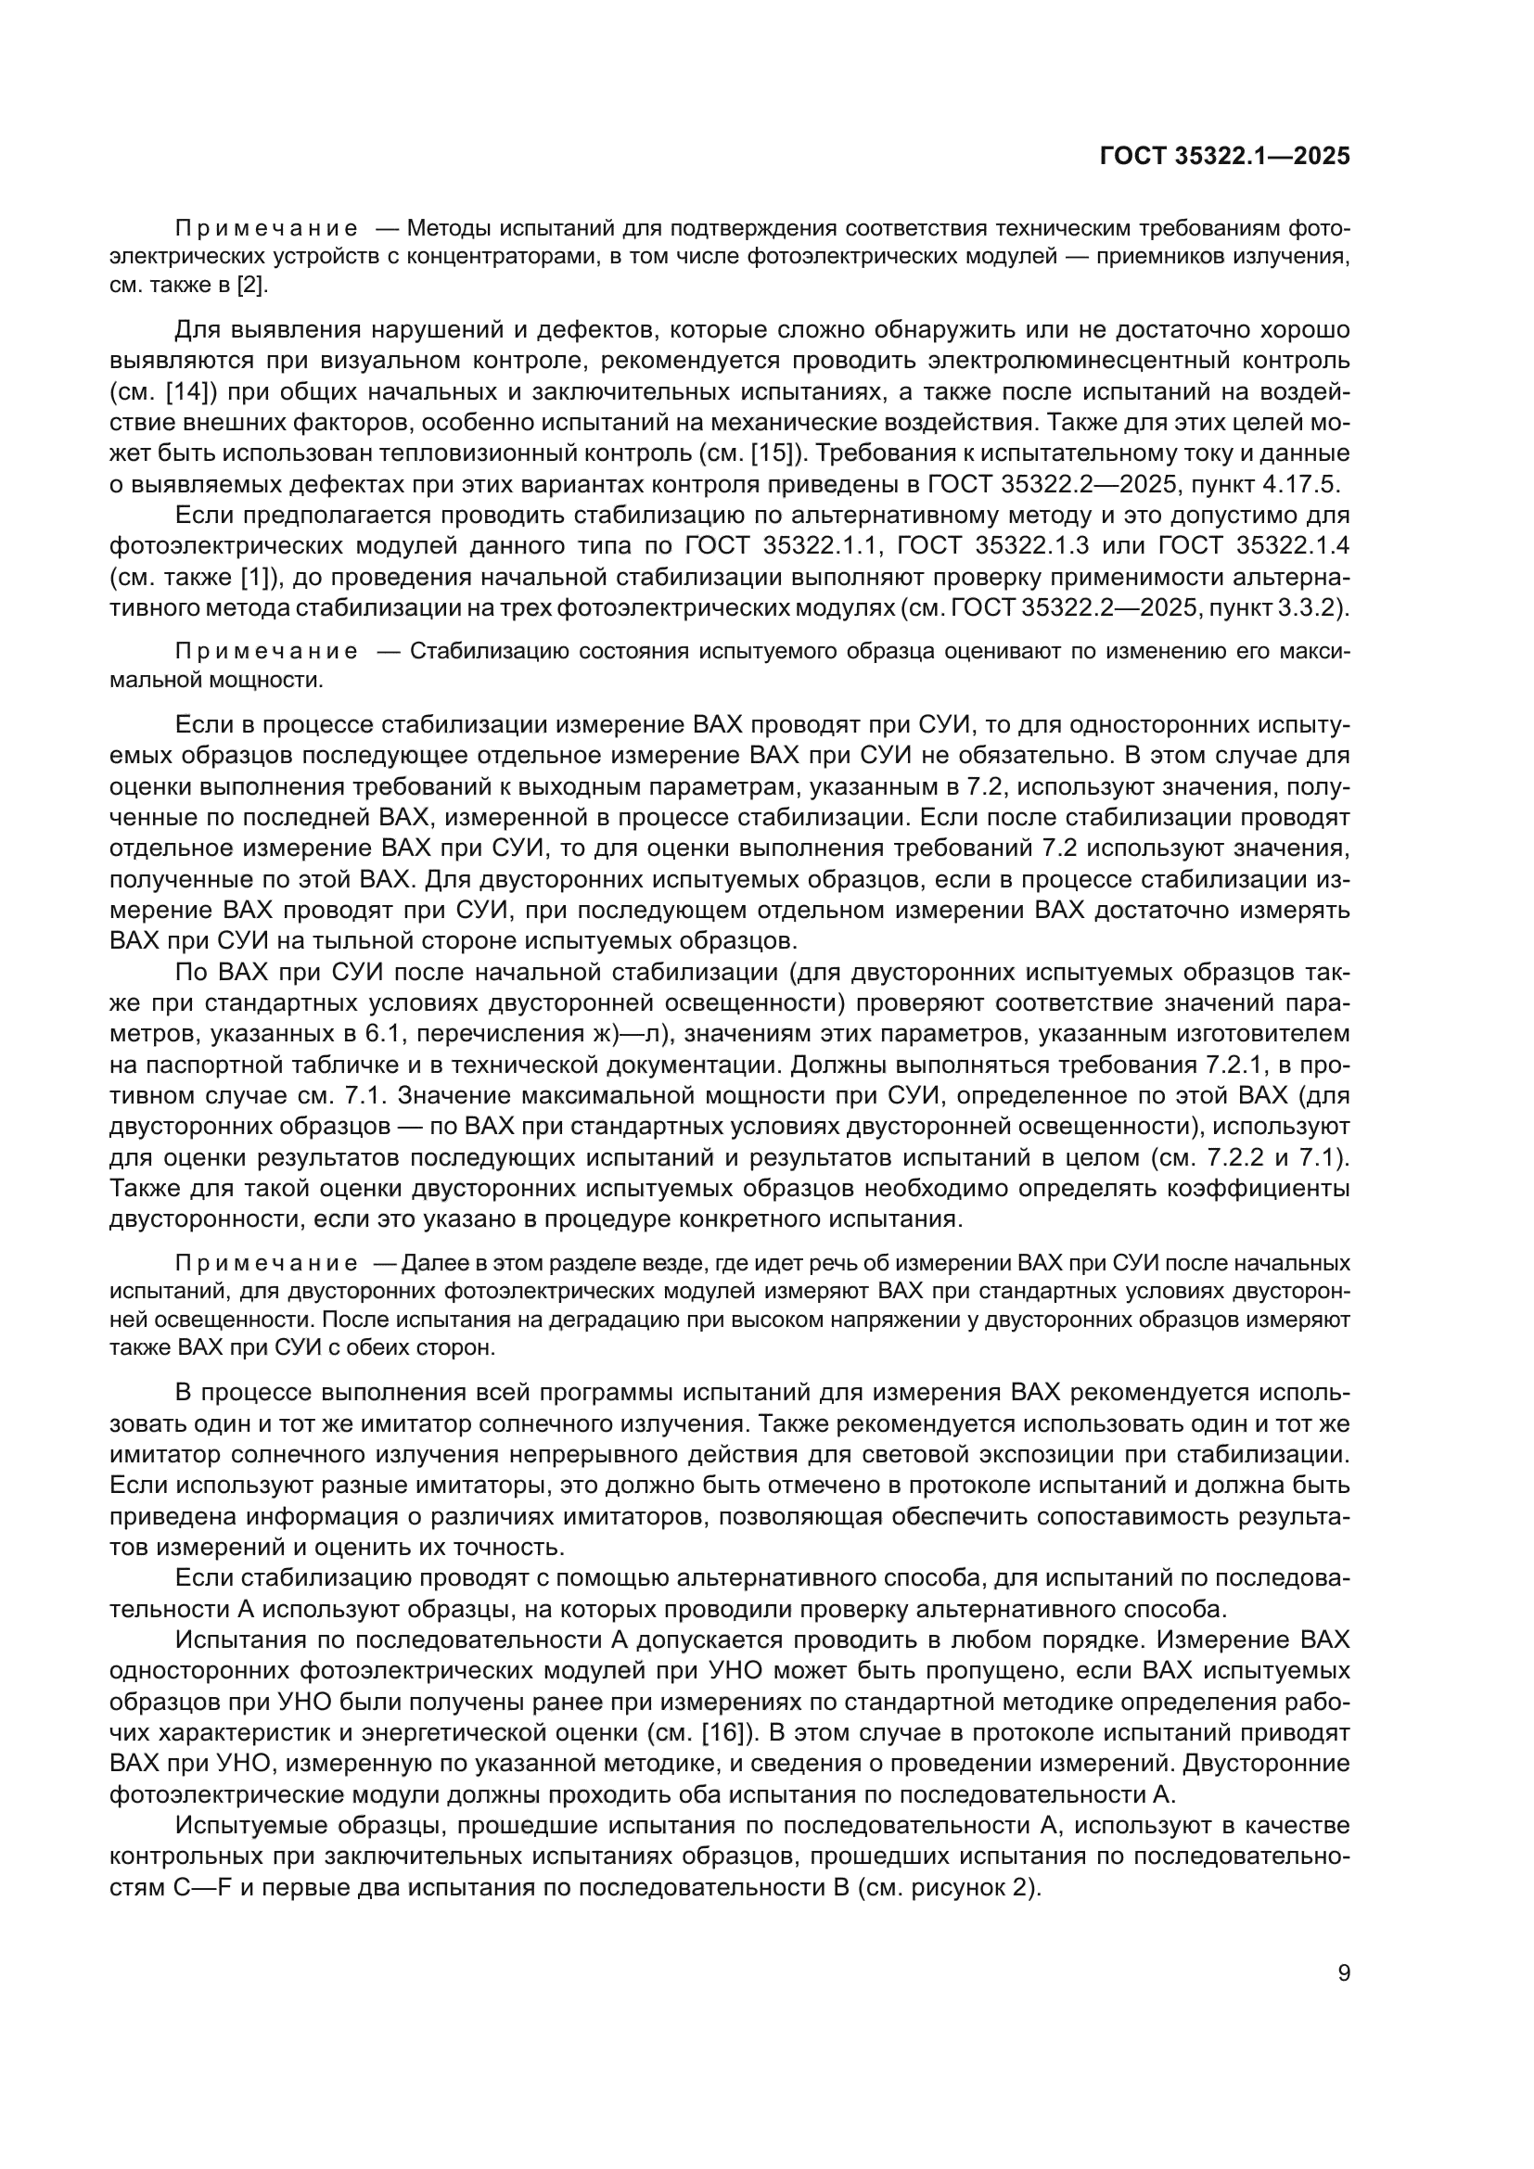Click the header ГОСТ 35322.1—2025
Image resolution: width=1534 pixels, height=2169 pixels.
tap(1225, 157)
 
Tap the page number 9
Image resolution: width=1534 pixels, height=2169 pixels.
tap(1344, 1972)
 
